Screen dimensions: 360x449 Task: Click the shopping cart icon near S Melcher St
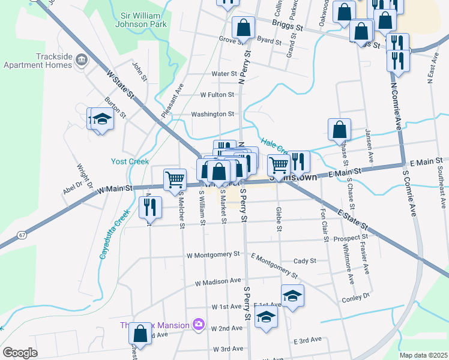click(175, 178)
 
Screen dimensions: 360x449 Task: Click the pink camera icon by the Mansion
click(198, 325)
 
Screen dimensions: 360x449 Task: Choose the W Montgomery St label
click(212, 254)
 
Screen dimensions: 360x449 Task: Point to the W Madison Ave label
click(217, 281)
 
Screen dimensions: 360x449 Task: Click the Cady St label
click(305, 261)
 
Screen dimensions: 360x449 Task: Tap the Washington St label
click(212, 114)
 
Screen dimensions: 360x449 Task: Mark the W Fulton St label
click(217, 95)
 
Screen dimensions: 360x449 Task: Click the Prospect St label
click(346, 238)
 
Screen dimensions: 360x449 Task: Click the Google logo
click(20, 353)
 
